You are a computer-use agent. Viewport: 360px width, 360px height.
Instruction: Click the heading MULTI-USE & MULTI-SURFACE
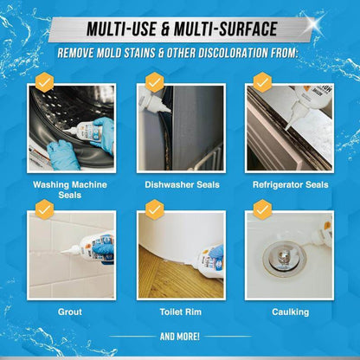coord(180,29)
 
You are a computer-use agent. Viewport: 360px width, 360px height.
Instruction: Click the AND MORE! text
coord(180,336)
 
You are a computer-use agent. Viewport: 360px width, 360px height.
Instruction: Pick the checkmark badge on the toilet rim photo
coord(154,209)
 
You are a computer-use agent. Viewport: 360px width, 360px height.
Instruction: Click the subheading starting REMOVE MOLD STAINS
coord(180,53)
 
